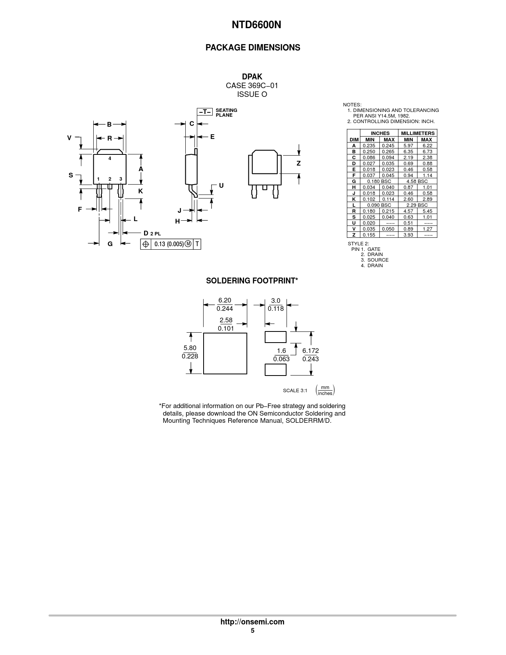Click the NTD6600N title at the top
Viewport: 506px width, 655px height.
pos(256,25)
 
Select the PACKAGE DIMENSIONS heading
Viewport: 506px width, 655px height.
pos(252,48)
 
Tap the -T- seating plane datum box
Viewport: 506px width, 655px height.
pos(205,112)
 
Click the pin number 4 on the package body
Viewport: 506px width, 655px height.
pos(110,158)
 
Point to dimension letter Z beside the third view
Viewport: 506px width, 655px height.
pos(298,164)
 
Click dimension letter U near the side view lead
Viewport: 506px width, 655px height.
pos(221,185)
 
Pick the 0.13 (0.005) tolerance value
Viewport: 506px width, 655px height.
pos(169,244)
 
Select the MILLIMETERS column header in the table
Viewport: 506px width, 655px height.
pos(418,133)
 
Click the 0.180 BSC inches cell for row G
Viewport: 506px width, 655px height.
pos(379,181)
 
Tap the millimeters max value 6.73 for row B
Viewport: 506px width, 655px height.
pos(427,152)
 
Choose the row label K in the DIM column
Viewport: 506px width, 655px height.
pos(354,199)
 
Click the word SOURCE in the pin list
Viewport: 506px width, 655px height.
pos(378,260)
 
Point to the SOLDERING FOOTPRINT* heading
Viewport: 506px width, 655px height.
pos(252,281)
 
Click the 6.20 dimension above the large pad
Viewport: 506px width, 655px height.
pos(225,300)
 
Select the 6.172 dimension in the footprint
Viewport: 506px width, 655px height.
pos(310,351)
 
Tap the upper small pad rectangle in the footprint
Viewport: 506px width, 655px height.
pos(275,337)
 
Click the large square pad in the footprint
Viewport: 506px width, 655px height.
pos(225,353)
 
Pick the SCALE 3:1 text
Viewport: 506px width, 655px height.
pos(295,391)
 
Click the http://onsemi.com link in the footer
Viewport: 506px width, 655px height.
pos(252,622)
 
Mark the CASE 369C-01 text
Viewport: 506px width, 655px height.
pos(252,86)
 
